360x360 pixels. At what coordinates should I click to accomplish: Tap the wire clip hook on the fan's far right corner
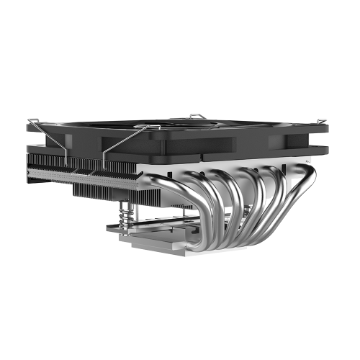click(322, 122)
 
